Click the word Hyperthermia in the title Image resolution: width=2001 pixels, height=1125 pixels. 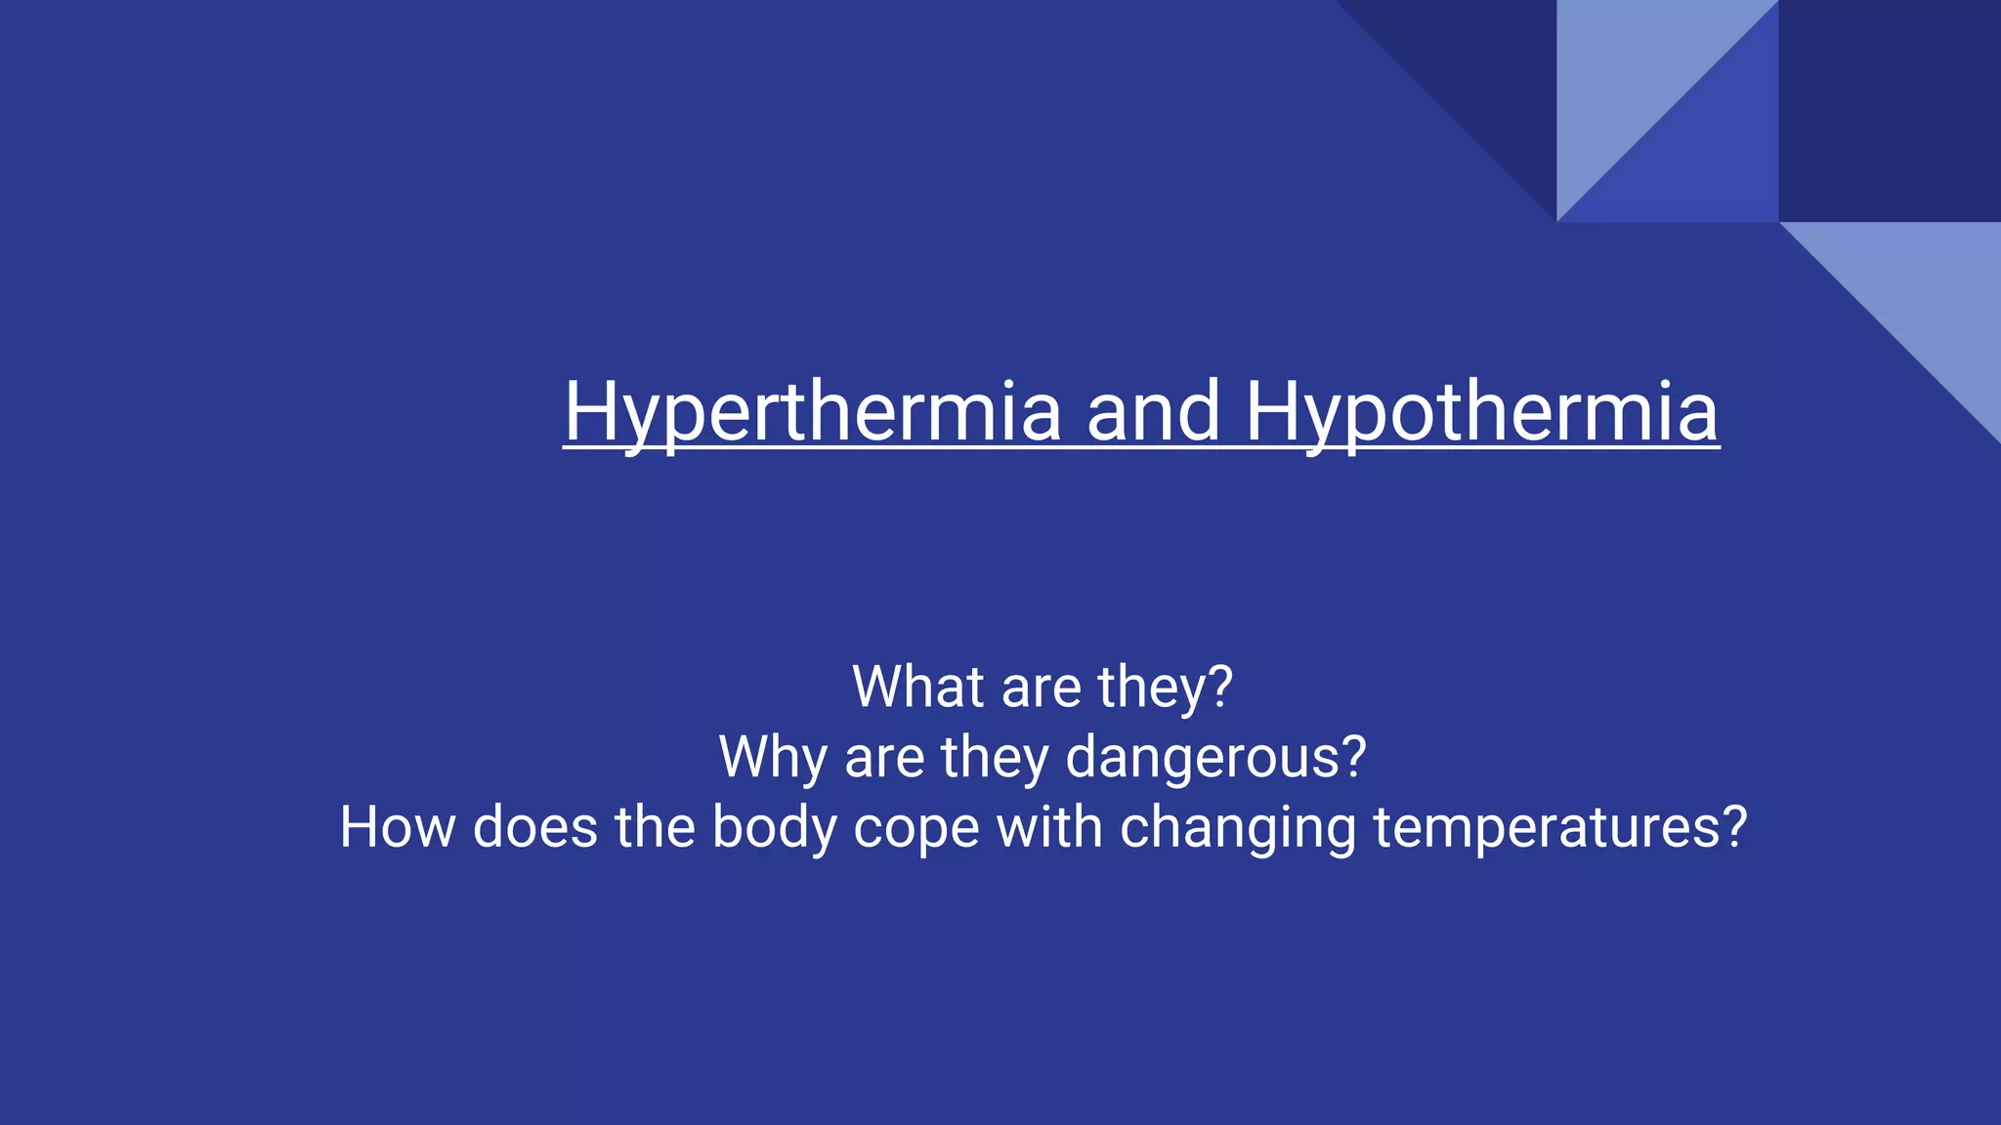point(812,412)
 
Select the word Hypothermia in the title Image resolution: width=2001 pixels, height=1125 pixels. point(1481,412)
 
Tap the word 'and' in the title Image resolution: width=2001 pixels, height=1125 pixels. point(1153,412)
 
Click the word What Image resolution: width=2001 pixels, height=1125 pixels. point(917,687)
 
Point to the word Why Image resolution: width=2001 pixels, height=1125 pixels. point(773,757)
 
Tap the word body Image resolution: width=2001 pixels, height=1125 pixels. point(774,829)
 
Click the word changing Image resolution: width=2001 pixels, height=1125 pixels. point(1237,829)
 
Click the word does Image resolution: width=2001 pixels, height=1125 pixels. point(534,827)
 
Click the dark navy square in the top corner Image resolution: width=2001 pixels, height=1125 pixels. point(1890,110)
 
